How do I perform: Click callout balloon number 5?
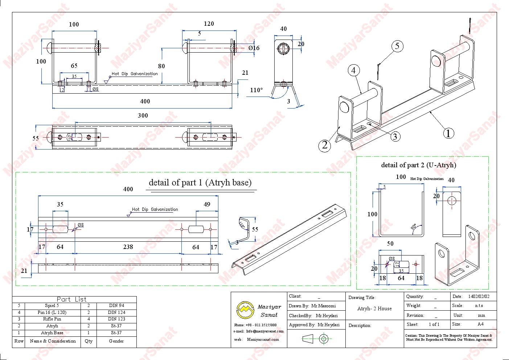tap(397, 46)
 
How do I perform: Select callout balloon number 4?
tap(354, 70)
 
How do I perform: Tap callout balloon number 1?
tap(448, 133)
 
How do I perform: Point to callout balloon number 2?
tap(325, 146)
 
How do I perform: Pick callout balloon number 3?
tap(395, 136)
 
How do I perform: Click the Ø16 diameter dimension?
tap(254, 48)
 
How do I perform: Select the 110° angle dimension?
tap(256, 90)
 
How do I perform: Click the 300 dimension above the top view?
tap(143, 115)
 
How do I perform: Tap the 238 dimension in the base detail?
tap(128, 247)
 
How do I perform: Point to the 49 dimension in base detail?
tap(207, 204)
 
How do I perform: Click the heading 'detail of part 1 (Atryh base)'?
tap(200, 183)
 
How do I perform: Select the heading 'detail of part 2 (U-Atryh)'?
tap(418, 165)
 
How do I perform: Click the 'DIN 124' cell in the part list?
tap(116, 312)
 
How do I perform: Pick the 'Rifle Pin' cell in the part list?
tap(52, 319)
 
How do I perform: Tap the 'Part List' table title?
tap(72, 299)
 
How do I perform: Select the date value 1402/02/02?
tap(479, 296)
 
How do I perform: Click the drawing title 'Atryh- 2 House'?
tap(374, 309)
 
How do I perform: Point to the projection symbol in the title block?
tap(316, 339)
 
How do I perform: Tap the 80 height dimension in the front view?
tap(161, 66)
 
